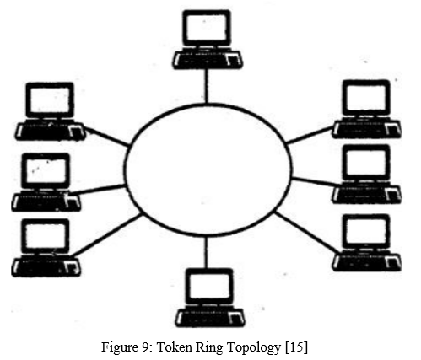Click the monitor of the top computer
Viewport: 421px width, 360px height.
click(x=207, y=28)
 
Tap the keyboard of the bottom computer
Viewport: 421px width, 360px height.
click(x=210, y=318)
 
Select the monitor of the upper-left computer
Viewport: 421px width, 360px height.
click(x=50, y=100)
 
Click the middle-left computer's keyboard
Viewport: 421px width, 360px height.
click(x=46, y=201)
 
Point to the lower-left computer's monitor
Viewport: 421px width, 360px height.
click(x=46, y=236)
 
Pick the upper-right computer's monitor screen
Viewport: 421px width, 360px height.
click(x=366, y=99)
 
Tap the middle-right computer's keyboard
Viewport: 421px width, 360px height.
click(x=367, y=194)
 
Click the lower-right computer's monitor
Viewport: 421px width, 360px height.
click(x=366, y=232)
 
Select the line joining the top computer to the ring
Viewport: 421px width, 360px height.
click(x=207, y=86)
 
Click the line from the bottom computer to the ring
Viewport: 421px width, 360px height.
click(x=206, y=251)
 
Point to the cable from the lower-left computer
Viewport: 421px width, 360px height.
click(x=106, y=234)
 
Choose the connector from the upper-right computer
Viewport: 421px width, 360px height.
click(x=310, y=135)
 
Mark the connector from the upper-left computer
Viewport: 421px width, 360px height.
click(x=106, y=136)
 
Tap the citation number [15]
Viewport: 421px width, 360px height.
click(x=296, y=347)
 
